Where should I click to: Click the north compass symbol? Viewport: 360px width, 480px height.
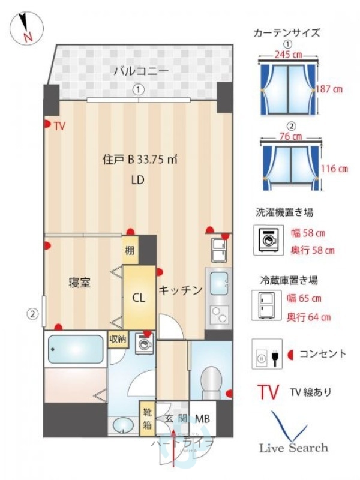pyautogui.click(x=26, y=28)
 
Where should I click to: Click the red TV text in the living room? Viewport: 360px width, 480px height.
pyautogui.click(x=59, y=126)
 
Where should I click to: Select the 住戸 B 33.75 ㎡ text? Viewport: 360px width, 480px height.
pyautogui.click(x=140, y=160)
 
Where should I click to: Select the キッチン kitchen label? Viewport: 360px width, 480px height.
pyautogui.click(x=180, y=290)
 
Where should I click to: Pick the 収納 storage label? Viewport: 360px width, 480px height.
pyautogui.click(x=118, y=339)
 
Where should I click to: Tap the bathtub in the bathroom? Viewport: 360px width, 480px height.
pyautogui.click(x=76, y=349)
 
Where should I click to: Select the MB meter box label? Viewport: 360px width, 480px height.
pyautogui.click(x=202, y=419)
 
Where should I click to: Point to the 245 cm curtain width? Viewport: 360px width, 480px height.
pyautogui.click(x=287, y=53)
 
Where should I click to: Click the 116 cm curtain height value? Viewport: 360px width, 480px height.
pyautogui.click(x=334, y=169)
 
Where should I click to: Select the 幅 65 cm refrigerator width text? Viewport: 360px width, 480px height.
pyautogui.click(x=304, y=298)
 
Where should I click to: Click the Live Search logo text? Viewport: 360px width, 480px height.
pyautogui.click(x=293, y=448)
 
